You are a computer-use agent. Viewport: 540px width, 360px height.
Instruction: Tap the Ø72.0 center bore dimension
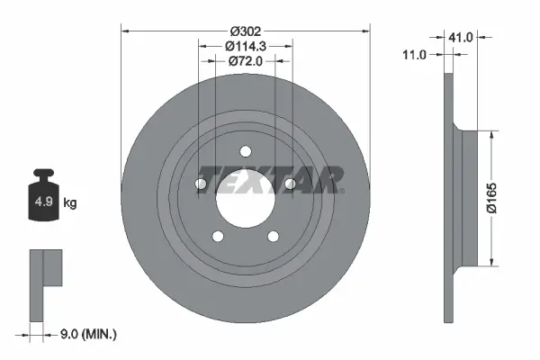tap(246, 61)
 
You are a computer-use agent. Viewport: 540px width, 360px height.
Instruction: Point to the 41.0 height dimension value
tap(463, 38)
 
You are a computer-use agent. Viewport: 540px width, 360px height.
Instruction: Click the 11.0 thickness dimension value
tap(414, 56)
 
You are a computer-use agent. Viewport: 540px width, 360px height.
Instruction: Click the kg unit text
tap(70, 202)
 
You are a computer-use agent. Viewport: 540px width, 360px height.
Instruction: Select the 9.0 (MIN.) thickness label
tap(87, 334)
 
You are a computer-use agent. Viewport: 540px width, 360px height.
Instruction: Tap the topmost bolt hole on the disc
tap(246, 150)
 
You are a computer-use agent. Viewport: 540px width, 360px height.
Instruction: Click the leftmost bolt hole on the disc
tap(202, 184)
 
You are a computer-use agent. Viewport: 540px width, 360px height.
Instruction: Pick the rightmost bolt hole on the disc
tap(290, 184)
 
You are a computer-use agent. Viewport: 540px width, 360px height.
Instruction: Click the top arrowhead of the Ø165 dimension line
tap(490, 133)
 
